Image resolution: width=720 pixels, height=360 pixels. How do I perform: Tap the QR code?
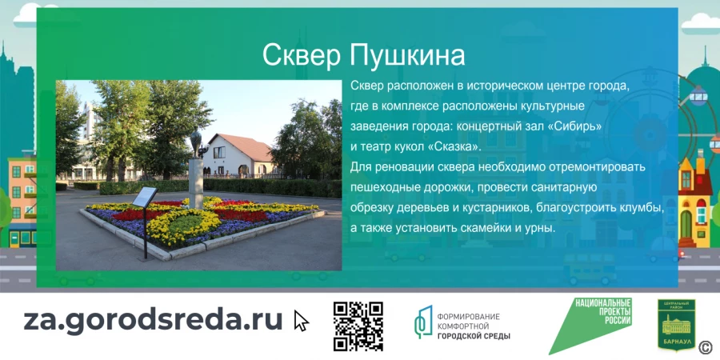coord(358,326)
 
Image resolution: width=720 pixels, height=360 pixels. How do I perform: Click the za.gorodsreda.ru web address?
coord(153,319)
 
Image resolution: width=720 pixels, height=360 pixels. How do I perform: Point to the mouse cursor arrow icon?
coord(301,320)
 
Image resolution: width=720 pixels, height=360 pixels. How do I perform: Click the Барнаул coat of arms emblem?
coord(676,325)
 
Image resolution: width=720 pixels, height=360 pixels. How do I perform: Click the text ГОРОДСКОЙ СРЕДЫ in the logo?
coord(474,335)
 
